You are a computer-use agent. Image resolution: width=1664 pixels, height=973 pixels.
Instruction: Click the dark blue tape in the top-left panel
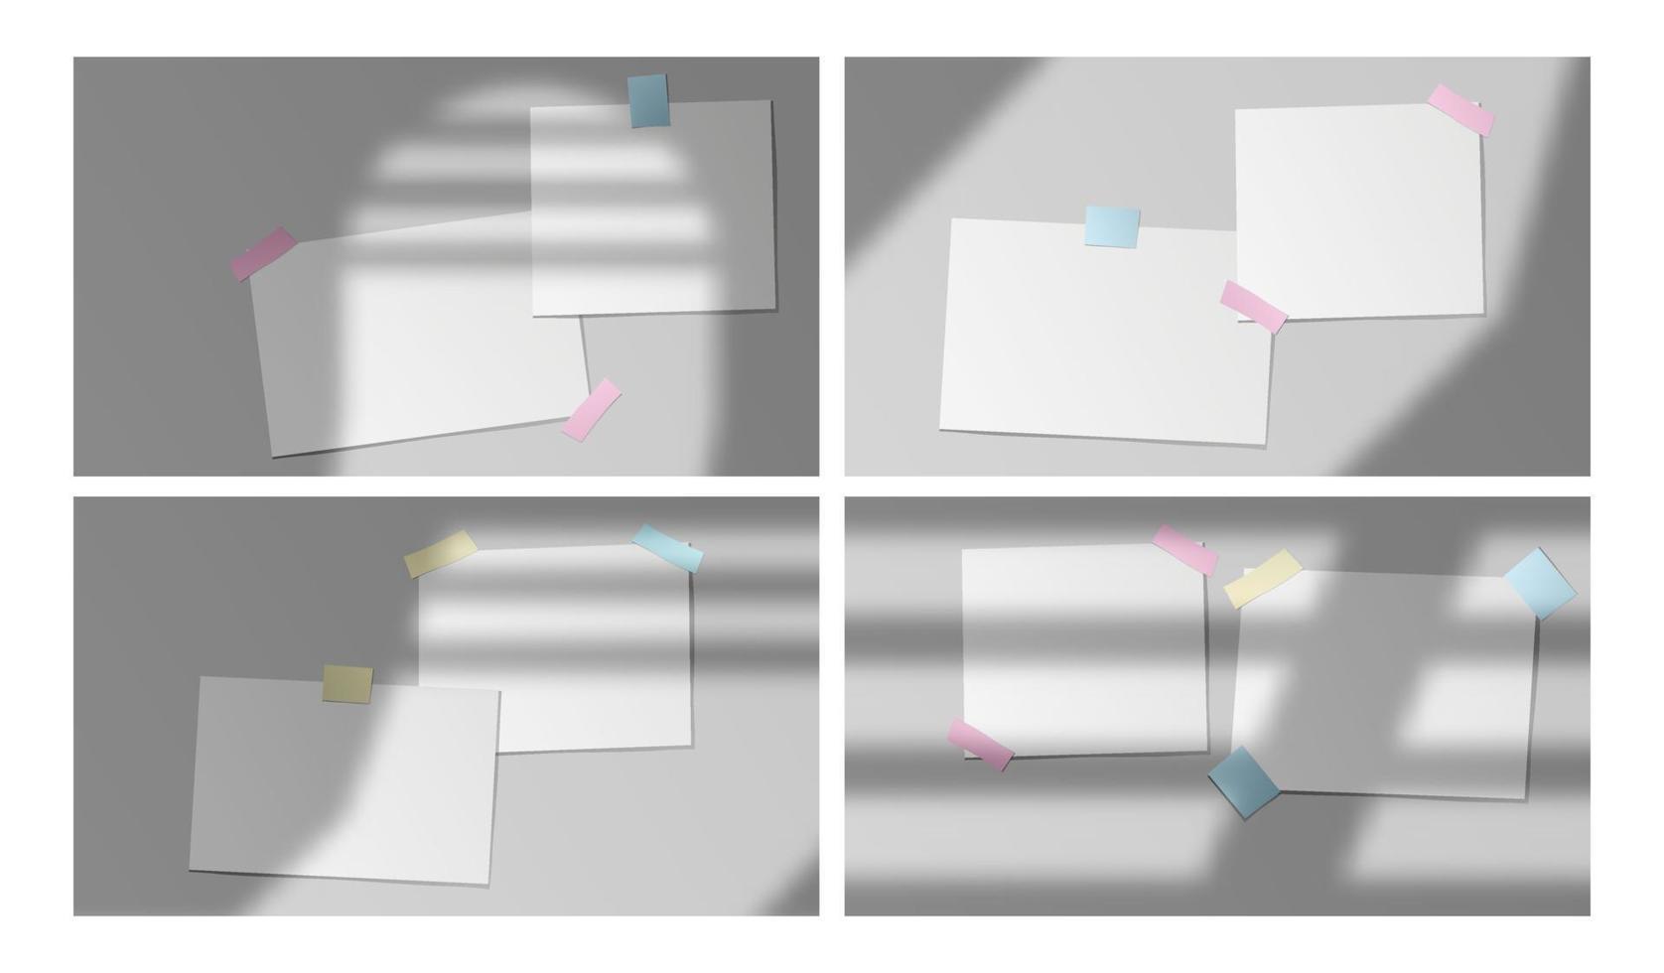pyautogui.click(x=648, y=101)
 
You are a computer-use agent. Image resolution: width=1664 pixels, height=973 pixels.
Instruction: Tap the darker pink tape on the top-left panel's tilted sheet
pyautogui.click(x=263, y=253)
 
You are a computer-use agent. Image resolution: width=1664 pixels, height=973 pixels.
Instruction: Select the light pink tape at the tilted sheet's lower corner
pyautogui.click(x=591, y=409)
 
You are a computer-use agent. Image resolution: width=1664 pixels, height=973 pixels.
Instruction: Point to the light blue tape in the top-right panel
pyautogui.click(x=1111, y=226)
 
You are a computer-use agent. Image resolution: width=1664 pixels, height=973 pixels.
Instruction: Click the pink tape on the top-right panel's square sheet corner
pyautogui.click(x=1460, y=109)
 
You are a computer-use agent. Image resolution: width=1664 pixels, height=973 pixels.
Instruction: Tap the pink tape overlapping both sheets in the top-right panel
pyautogui.click(x=1253, y=306)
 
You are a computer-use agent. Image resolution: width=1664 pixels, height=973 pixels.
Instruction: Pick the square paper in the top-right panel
pyautogui.click(x=1370, y=199)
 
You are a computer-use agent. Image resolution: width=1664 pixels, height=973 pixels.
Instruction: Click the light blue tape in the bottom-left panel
pyautogui.click(x=667, y=548)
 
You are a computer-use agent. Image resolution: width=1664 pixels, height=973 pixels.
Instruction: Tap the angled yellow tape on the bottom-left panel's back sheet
pyautogui.click(x=440, y=554)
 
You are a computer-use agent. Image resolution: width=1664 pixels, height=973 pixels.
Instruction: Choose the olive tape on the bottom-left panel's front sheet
pyautogui.click(x=347, y=684)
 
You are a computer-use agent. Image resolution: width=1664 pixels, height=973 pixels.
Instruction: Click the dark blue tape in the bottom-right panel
pyautogui.click(x=1244, y=781)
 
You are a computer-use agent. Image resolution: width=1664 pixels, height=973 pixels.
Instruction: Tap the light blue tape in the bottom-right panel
pyautogui.click(x=1539, y=584)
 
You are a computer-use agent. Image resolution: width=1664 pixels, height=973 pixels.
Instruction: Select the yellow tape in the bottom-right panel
pyautogui.click(x=1262, y=578)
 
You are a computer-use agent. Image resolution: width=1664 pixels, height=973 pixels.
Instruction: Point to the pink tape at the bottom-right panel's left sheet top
pyautogui.click(x=1184, y=549)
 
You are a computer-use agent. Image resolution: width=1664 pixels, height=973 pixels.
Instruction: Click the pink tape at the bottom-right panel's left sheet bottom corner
pyautogui.click(x=980, y=745)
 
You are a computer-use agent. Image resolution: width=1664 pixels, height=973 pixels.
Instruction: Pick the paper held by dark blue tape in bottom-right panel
pyautogui.click(x=1390, y=695)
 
